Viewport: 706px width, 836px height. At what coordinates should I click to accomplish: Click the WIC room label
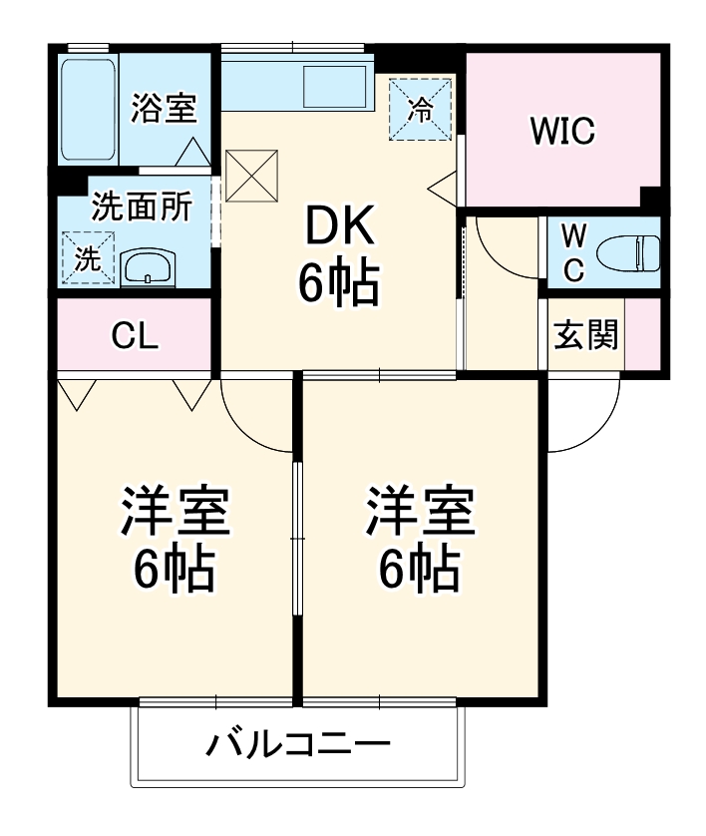pos(562,130)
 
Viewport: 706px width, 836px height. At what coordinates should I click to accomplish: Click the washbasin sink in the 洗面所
pos(149,267)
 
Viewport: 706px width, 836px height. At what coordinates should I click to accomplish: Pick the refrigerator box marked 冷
pos(421,109)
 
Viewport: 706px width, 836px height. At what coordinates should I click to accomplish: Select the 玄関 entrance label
pos(585,336)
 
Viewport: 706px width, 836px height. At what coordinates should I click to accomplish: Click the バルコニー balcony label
pos(298,743)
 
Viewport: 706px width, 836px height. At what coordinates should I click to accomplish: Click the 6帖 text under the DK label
pos(338,286)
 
